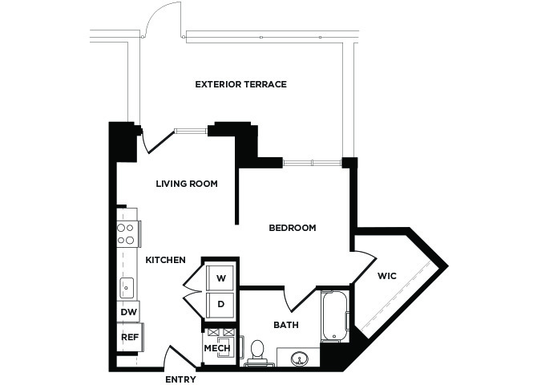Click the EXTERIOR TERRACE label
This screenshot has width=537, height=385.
click(x=240, y=84)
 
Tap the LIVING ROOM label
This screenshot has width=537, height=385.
click(x=187, y=184)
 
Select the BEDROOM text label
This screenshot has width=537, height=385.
click(x=292, y=228)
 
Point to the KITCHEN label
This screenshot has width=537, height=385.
click(x=165, y=260)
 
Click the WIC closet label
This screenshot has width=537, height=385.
click(x=387, y=276)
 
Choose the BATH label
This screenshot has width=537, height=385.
click(x=286, y=325)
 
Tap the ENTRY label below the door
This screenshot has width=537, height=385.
click(x=180, y=379)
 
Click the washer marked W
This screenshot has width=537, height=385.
click(x=220, y=278)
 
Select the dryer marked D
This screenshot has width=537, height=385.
click(x=220, y=305)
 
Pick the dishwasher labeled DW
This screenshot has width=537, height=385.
click(x=128, y=312)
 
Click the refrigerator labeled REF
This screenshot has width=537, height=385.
click(x=130, y=337)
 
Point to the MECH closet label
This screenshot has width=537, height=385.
click(x=217, y=348)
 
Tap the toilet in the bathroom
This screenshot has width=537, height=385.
click(x=256, y=351)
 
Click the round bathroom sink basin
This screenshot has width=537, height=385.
click(x=299, y=359)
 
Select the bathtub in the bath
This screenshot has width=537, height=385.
click(x=335, y=316)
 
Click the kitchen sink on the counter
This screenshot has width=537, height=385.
click(x=127, y=288)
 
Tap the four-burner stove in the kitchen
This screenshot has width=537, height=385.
click(x=128, y=233)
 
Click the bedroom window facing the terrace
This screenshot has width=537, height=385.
click(x=312, y=163)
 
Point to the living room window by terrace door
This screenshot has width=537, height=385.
click(x=191, y=131)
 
